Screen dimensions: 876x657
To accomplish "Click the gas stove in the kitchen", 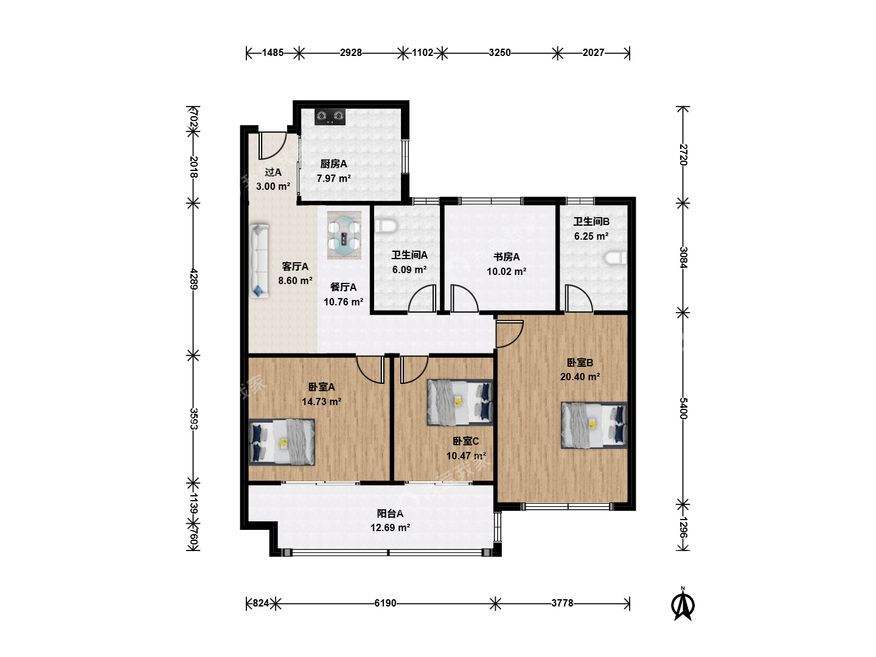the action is point(330,116).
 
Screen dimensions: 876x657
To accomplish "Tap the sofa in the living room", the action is point(259,261).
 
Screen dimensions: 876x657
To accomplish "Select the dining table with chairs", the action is point(344,235).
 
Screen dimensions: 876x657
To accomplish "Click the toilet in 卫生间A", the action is point(386,226).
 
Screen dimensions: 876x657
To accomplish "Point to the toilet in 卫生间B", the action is point(616,258).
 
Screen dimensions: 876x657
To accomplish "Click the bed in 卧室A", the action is point(282,442).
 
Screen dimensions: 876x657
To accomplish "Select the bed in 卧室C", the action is point(460,402).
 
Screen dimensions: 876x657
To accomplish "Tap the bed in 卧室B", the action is point(594,425).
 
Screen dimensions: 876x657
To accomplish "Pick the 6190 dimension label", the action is point(385,603).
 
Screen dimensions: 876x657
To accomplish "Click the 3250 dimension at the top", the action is point(499,53).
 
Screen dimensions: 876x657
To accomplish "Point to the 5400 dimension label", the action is point(683,408).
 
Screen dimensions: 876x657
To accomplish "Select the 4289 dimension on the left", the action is point(194,279).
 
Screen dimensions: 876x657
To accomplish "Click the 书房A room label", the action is point(507,257).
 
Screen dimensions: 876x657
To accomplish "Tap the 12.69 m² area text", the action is point(390,528).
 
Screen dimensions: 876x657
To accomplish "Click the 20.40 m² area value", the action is point(580,377).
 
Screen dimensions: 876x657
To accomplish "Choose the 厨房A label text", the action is point(333,164).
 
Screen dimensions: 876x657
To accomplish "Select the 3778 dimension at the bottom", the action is point(562,603).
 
